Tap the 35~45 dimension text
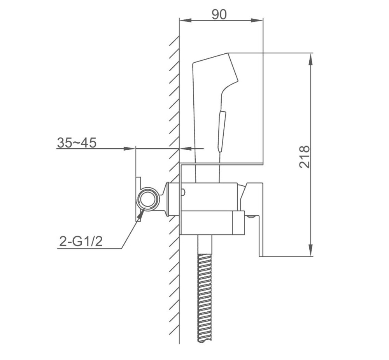pyautogui.click(x=77, y=142)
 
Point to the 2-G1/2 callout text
pyautogui.click(x=81, y=242)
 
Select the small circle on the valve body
pyautogui.click(x=183, y=191)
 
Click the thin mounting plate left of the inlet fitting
pyautogui.click(x=137, y=199)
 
